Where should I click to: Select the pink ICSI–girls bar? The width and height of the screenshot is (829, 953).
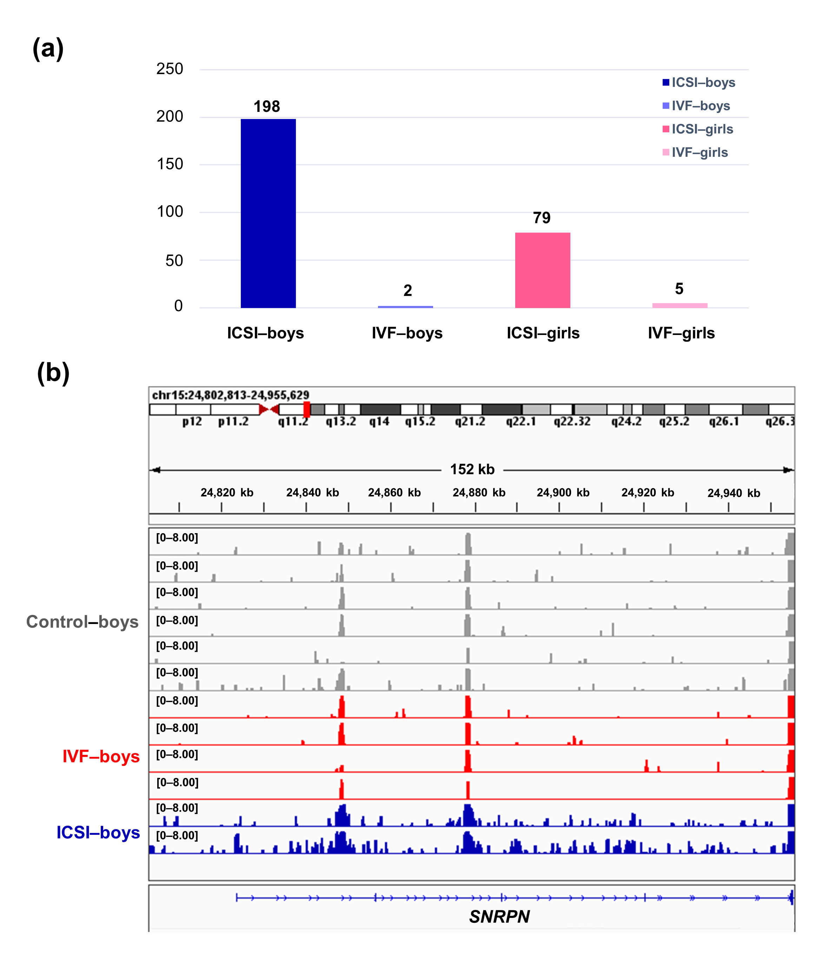[x=542, y=270]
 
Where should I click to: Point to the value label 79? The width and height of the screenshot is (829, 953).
[x=542, y=218]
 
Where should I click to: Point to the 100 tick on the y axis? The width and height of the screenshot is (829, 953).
[x=170, y=212]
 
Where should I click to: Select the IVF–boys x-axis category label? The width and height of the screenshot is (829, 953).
[x=407, y=333]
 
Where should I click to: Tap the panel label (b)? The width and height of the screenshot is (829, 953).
[x=53, y=373]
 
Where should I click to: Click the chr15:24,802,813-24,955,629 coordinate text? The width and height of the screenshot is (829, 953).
[x=230, y=395]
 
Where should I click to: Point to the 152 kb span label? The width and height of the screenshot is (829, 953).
[x=472, y=470]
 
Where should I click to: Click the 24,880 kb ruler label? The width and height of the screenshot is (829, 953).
[x=479, y=493]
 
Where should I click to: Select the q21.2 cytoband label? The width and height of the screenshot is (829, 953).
[x=470, y=422]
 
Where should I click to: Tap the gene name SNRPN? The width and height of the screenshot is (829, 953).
[x=500, y=917]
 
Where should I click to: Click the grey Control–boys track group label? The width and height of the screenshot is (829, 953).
[x=82, y=622]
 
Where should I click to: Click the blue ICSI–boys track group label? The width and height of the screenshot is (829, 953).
[x=98, y=832]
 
